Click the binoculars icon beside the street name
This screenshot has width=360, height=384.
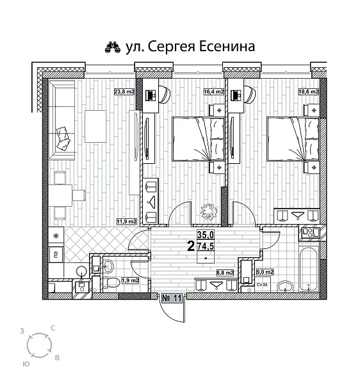pos(113,47)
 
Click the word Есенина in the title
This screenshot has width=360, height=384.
pos(225,46)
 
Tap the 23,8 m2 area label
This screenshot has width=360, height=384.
pos(124,92)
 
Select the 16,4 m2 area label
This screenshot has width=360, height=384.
pos(213,92)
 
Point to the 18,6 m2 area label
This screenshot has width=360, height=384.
pos(310,92)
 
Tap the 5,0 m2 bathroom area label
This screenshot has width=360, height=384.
pos(265,272)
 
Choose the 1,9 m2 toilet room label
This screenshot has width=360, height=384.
pos(130,280)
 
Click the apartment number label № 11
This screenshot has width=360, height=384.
pos(172,297)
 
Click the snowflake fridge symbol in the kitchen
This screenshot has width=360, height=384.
pos(55,237)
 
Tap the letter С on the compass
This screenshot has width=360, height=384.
pos(53,328)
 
